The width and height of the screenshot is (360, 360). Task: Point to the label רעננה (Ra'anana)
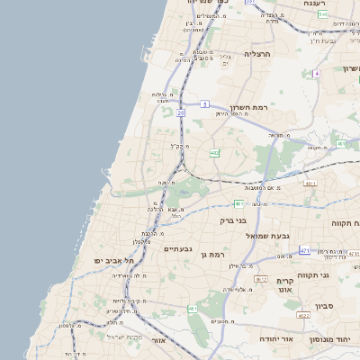click(314, 4)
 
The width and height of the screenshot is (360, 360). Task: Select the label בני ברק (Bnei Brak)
click(233, 220)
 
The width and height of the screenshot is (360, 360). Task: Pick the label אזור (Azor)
click(158, 341)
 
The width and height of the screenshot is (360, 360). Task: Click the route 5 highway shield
click(205, 103)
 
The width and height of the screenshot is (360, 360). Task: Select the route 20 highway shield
click(181, 112)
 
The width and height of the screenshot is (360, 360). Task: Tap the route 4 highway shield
click(317, 73)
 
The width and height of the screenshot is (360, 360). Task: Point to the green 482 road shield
click(214, 153)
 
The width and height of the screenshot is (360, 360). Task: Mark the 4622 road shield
click(303, 316)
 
